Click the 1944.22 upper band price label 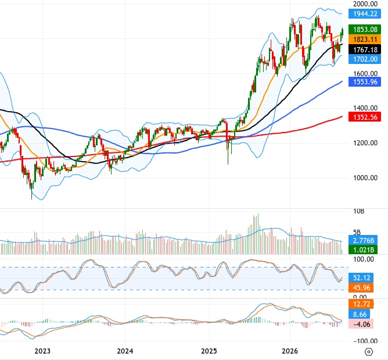[x=365, y=14]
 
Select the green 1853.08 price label [x=365, y=30]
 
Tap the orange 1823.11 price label [x=365, y=40]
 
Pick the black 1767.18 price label [x=365, y=49]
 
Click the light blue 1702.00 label [x=365, y=59]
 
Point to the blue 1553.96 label [x=365, y=82]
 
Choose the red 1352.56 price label [x=365, y=117]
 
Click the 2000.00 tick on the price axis [x=365, y=3]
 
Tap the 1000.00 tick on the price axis [x=365, y=178]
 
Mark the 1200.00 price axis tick [x=365, y=143]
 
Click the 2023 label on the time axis [x=42, y=351]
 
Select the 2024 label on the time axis [x=125, y=351]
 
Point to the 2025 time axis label [x=209, y=351]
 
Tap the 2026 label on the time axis [x=290, y=351]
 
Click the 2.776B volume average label [x=363, y=240]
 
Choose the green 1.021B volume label [x=363, y=249]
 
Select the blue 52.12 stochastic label [x=361, y=278]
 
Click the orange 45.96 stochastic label [x=361, y=288]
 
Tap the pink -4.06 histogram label [x=361, y=324]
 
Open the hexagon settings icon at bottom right [x=369, y=352]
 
